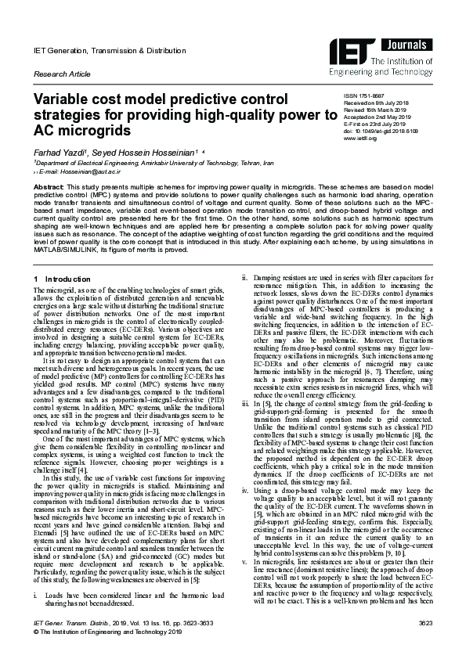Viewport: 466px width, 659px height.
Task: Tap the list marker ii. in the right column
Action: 244,278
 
